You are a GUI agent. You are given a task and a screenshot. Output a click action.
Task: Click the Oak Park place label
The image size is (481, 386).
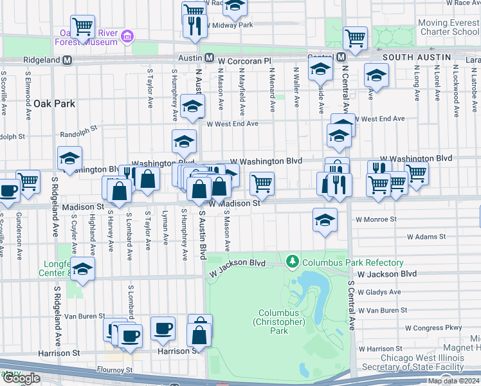click(x=55, y=104)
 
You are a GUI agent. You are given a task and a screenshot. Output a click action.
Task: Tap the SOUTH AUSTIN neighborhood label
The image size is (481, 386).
click(x=417, y=57)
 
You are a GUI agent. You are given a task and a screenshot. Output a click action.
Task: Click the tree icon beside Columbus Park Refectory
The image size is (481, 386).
click(x=293, y=262)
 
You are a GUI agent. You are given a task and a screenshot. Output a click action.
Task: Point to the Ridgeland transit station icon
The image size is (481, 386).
click(x=75, y=60)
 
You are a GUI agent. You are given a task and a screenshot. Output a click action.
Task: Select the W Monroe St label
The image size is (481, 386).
click(x=376, y=219)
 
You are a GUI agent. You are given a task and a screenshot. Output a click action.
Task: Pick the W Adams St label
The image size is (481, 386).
click(x=426, y=237)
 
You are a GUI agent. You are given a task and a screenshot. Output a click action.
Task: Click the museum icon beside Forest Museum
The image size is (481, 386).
click(x=127, y=36)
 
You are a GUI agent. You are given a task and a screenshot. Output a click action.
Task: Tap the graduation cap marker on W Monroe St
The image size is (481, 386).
click(x=325, y=220)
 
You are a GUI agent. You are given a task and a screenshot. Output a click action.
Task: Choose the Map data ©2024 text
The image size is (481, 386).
click(x=454, y=381)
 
